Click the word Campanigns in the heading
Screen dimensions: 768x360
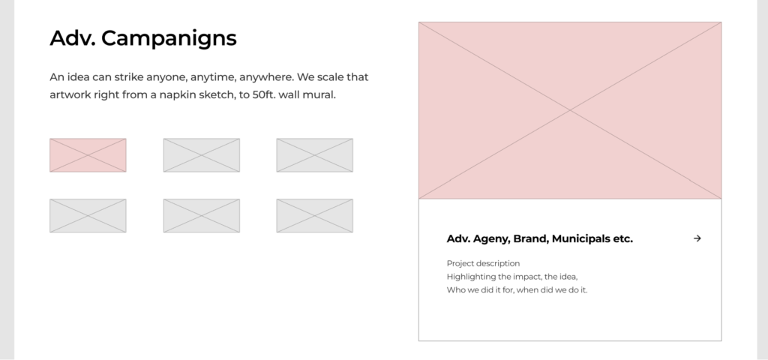pyautogui.click(x=169, y=38)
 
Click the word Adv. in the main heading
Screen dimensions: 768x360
pyautogui.click(x=73, y=37)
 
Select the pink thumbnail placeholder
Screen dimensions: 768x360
pyautogui.click(x=88, y=155)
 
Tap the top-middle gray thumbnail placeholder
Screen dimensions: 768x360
pyautogui.click(x=201, y=155)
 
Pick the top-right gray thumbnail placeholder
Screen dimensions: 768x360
pyautogui.click(x=314, y=155)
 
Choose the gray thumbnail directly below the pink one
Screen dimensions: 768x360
pyautogui.click(x=88, y=215)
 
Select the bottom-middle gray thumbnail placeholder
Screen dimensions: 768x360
pyautogui.click(x=201, y=215)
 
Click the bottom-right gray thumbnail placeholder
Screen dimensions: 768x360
pyautogui.click(x=314, y=215)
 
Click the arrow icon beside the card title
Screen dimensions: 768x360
pyautogui.click(x=697, y=238)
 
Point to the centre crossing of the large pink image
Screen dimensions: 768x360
pyautogui.click(x=570, y=111)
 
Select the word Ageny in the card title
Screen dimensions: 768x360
pyautogui.click(x=492, y=239)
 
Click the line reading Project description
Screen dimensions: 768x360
pyautogui.click(x=484, y=263)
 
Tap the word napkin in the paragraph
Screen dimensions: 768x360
pyautogui.click(x=172, y=95)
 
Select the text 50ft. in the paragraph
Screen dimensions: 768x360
pyautogui.click(x=264, y=94)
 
